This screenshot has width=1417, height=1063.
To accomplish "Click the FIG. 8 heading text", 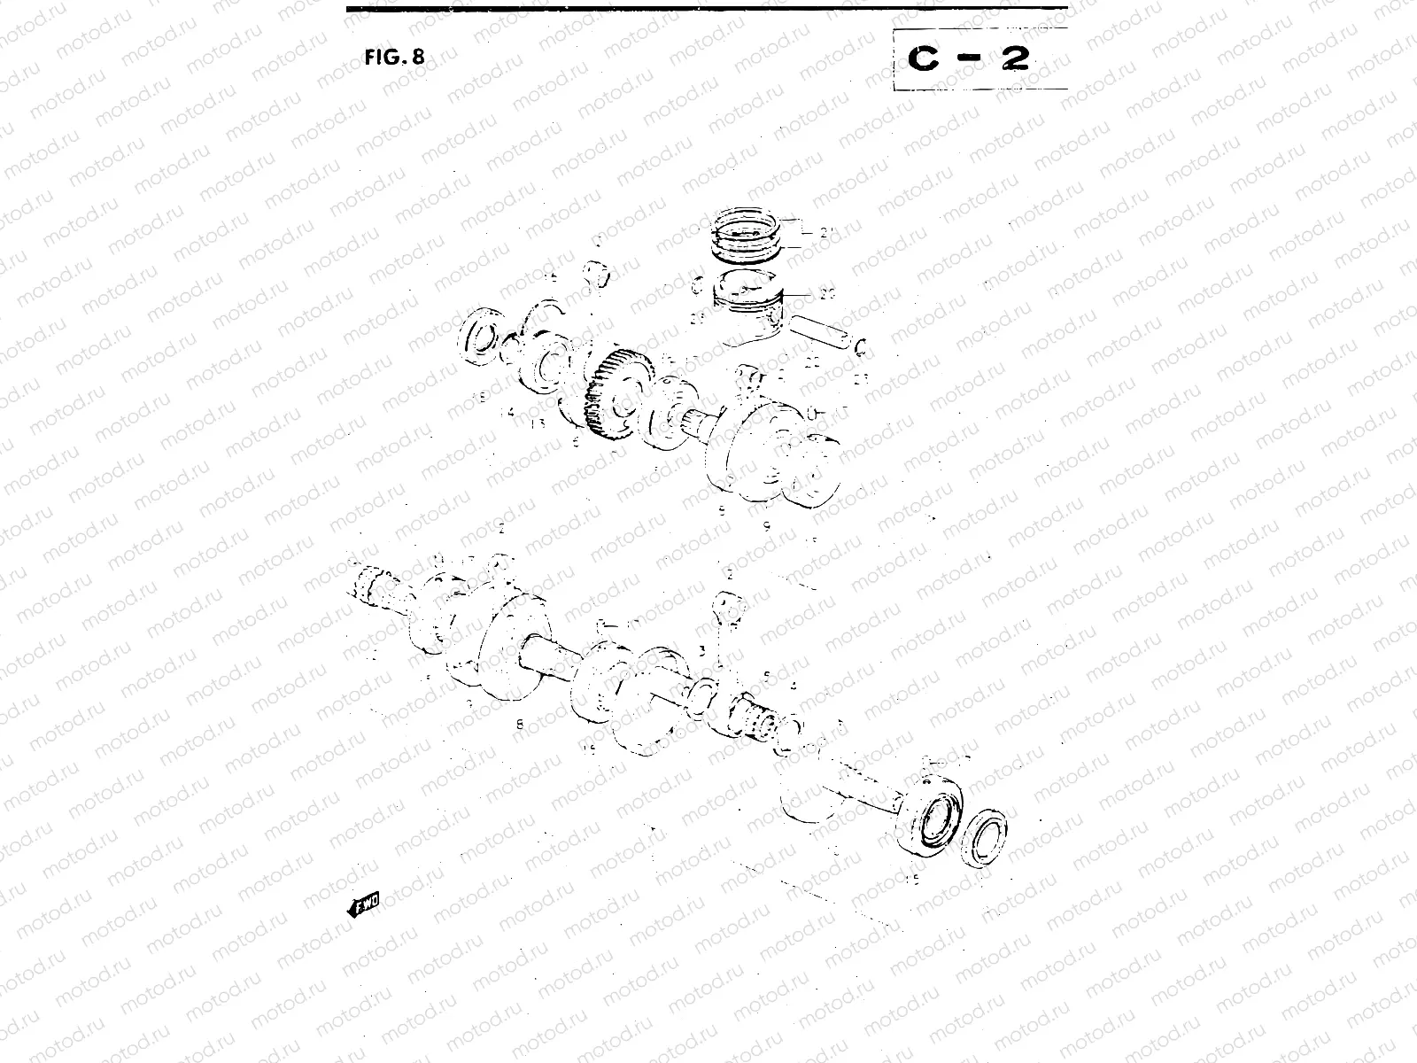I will tap(394, 58).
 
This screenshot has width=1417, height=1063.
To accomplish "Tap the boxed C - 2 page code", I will tap(970, 58).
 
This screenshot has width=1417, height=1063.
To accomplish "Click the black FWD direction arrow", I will tap(364, 904).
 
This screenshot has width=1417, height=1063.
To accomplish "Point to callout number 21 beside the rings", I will tap(827, 234).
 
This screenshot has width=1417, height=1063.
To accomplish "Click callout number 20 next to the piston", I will tap(827, 294).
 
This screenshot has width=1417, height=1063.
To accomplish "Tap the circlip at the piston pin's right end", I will tap(860, 345).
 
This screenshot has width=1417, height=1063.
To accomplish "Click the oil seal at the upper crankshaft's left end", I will tap(484, 337).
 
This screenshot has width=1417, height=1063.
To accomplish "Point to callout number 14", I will tap(507, 412).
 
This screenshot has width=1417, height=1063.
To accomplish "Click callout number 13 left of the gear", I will tap(538, 423).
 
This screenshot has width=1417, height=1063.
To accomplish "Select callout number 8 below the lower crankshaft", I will tap(520, 724).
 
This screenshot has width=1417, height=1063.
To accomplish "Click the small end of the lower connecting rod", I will tap(732, 605).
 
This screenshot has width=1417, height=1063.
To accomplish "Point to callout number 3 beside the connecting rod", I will tap(701, 651).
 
